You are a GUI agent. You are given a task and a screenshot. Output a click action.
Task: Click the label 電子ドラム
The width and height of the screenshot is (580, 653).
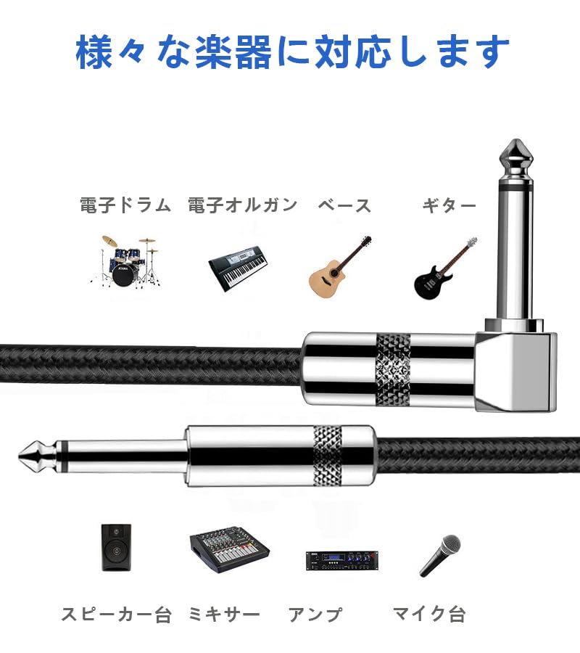(125, 205)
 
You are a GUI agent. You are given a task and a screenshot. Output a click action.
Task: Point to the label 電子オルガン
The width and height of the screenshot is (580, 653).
(242, 205)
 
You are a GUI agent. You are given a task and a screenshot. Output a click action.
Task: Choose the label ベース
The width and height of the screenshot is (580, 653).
(344, 205)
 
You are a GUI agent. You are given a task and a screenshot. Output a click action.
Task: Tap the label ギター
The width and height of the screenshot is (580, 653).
(449, 205)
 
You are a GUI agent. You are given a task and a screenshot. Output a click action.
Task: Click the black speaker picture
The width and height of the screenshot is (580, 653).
(117, 548)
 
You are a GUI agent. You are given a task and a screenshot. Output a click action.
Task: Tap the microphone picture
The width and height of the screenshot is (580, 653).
(441, 555)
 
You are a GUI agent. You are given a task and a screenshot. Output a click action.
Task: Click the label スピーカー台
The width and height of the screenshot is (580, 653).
(116, 615)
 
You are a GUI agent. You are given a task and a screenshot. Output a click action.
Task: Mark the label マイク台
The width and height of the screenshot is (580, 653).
(428, 615)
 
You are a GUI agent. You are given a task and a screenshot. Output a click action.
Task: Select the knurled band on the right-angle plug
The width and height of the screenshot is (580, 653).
(393, 370)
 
